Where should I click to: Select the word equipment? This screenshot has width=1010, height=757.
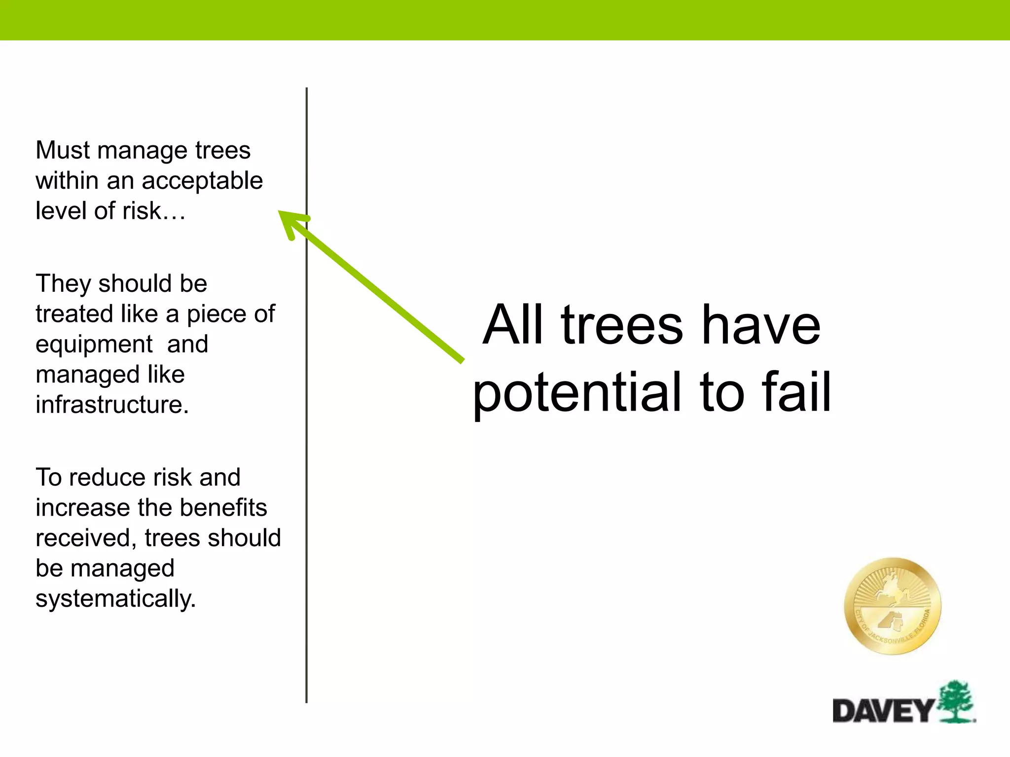pos(94,344)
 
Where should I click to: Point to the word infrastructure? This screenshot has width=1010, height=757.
pos(112,405)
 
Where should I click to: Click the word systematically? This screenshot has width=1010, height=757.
pos(115,599)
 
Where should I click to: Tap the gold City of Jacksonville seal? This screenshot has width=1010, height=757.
pos(893,606)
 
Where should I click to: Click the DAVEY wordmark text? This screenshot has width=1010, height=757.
pos(883,711)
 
